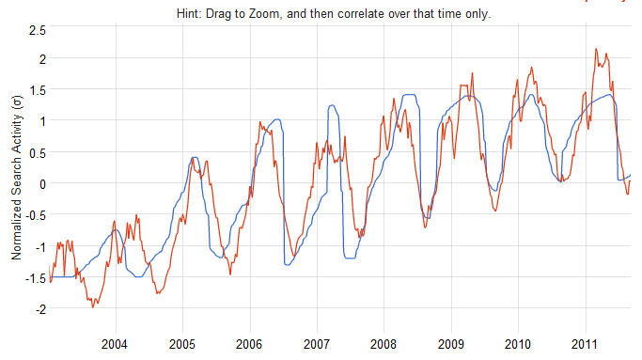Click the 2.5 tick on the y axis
tap(38, 32)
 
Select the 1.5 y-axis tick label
tap(38, 90)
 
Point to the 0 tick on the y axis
tap(42, 182)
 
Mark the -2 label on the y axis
tap(39, 308)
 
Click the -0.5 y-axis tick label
tap(35, 214)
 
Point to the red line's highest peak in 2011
tap(597, 49)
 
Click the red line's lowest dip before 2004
tap(92, 306)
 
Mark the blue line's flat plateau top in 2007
tap(334, 106)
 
